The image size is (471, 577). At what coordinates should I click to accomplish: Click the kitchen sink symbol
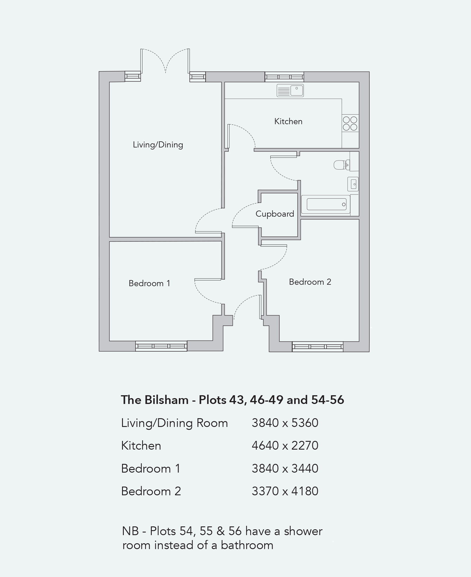pyautogui.click(x=290, y=91)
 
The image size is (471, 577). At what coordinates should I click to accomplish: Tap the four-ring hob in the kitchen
pyautogui.click(x=350, y=123)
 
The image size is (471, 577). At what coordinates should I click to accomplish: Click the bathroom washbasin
pyautogui.click(x=353, y=184)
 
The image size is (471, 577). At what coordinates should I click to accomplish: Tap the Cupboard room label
pyautogui.click(x=275, y=214)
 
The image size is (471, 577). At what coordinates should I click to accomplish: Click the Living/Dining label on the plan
pyautogui.click(x=158, y=145)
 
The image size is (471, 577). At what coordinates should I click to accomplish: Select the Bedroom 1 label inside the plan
pyautogui.click(x=149, y=283)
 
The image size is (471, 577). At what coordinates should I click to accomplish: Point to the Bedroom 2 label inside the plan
pyautogui.click(x=310, y=282)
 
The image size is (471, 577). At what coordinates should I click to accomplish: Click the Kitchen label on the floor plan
pyautogui.click(x=288, y=121)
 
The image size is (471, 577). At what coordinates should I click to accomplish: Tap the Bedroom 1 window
pyautogui.click(x=161, y=346)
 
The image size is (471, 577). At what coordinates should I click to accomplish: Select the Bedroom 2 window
pyautogui.click(x=317, y=347)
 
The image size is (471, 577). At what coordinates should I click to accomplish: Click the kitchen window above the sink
pyautogui.click(x=284, y=77)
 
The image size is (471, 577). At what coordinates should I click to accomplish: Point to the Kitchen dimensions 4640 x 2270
pyautogui.click(x=285, y=446)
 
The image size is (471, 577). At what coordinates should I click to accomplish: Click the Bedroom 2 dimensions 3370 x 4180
pyautogui.click(x=285, y=491)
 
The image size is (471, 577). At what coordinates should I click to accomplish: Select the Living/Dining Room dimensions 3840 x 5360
pyautogui.click(x=285, y=423)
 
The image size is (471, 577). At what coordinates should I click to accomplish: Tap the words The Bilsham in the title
pyautogui.click(x=155, y=400)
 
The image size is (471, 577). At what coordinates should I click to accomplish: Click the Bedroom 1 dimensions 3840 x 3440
pyautogui.click(x=285, y=469)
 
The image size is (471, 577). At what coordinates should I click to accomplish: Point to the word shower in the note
pyautogui.click(x=303, y=531)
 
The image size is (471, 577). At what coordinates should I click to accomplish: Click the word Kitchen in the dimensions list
pyautogui.click(x=141, y=446)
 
